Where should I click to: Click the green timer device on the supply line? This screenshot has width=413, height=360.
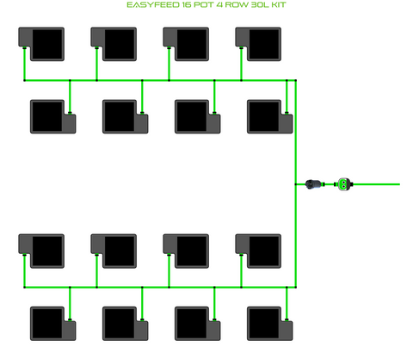click(x=344, y=184)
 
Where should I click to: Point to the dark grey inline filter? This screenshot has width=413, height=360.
click(x=313, y=184)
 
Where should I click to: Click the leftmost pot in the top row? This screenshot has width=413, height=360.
click(x=41, y=44)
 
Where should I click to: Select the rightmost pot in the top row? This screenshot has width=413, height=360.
click(x=258, y=44)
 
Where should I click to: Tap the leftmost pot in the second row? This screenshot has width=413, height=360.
click(x=53, y=116)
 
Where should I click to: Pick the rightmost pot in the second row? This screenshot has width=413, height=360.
click(x=270, y=116)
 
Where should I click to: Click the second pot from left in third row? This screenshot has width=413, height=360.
click(x=114, y=251)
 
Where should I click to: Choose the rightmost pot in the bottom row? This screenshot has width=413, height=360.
click(x=270, y=324)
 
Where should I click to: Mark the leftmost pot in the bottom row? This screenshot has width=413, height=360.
click(x=53, y=324)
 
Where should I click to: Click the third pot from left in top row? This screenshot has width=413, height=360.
click(x=186, y=44)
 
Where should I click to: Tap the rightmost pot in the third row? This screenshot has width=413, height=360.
click(x=258, y=251)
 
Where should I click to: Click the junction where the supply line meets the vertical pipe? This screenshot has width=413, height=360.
click(x=296, y=184)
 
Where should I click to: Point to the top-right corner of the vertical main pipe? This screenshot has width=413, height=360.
click(x=296, y=80)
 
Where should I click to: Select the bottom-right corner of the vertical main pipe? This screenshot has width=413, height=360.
click(x=296, y=287)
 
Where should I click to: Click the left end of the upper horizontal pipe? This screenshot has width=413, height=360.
click(x=24, y=80)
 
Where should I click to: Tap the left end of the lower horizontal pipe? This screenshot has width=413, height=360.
click(x=24, y=287)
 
